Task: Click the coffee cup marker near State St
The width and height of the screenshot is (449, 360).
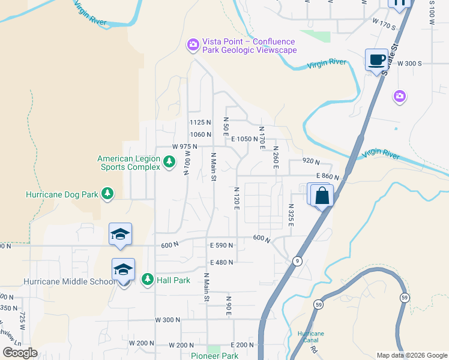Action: click(376, 60)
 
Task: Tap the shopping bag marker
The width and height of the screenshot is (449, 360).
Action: click(322, 196)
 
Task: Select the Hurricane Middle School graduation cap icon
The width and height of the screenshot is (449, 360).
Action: click(123, 271)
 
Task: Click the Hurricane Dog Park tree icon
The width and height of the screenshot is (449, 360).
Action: click(107, 194)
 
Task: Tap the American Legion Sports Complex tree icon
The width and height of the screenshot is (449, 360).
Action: click(170, 161)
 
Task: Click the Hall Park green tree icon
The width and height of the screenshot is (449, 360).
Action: click(147, 280)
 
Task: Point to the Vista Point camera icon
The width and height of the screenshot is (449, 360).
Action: click(193, 44)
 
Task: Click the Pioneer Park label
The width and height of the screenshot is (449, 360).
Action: click(215, 356)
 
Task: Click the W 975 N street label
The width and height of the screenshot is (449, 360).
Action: click(185, 146)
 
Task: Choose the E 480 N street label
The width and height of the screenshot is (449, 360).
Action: click(221, 262)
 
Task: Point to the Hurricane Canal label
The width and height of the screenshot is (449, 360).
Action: click(311, 337)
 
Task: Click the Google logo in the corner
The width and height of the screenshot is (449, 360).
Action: click(20, 353)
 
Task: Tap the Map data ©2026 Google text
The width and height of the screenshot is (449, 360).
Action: click(412, 355)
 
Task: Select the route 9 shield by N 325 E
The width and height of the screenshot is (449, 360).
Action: click(297, 261)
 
